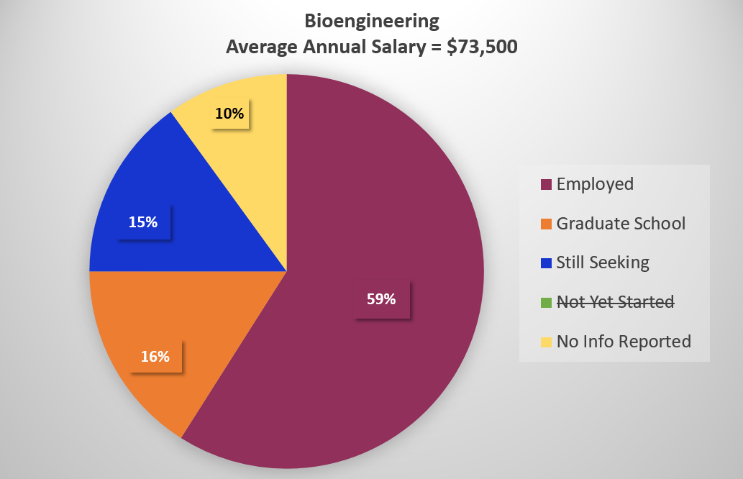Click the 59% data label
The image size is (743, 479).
click(381, 298)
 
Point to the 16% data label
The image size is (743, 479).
click(155, 356)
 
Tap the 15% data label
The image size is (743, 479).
click(143, 222)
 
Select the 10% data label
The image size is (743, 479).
click(230, 113)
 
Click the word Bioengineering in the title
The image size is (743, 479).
click(371, 21)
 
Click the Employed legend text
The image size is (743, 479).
click(595, 184)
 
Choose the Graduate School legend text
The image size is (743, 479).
click(621, 224)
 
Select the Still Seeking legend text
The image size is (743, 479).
click(603, 263)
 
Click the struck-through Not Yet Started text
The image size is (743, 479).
click(615, 302)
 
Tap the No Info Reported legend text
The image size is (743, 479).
click(624, 341)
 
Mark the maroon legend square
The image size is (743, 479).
click(546, 185)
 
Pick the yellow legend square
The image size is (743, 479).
click(546, 342)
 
